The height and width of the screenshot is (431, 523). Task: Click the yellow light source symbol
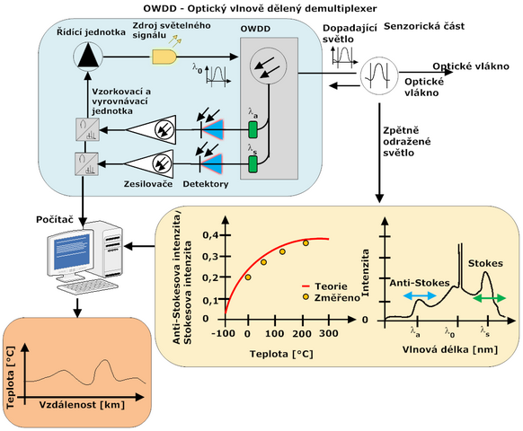[164, 57]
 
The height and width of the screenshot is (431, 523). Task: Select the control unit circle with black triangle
[88, 57]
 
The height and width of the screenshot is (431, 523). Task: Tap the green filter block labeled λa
[253, 129]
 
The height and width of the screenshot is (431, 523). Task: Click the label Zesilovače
[148, 184]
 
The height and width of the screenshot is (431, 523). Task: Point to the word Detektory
[206, 184]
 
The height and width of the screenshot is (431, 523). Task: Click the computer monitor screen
[72, 252]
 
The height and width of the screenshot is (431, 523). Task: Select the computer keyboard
[87, 286]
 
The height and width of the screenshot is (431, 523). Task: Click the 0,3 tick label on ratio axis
[210, 257]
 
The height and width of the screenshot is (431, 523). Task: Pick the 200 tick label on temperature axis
[302, 333]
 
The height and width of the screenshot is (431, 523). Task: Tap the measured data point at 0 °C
[248, 277]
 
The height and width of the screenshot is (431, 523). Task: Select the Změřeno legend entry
[331, 297]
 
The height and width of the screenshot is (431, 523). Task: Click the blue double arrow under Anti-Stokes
[420, 295]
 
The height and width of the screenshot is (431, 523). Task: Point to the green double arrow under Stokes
[490, 298]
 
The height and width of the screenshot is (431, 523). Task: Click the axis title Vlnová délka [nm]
[450, 349]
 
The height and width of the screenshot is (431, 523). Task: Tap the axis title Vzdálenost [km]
[82, 405]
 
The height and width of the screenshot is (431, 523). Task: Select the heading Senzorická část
[424, 26]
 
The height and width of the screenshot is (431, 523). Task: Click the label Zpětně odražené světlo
[407, 142]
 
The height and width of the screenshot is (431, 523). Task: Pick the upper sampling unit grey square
[87, 129]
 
